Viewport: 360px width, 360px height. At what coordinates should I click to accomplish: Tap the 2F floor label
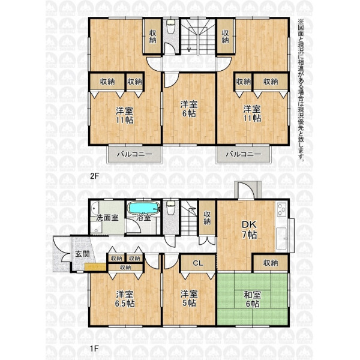(94, 176)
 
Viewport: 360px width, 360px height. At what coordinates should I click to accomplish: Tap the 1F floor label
(94, 349)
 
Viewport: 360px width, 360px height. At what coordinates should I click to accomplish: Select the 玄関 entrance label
(83, 254)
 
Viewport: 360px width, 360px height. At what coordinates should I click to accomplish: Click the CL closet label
(198, 263)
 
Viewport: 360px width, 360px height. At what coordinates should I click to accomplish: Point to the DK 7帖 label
(249, 230)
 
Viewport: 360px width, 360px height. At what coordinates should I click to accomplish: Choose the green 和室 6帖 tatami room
(253, 299)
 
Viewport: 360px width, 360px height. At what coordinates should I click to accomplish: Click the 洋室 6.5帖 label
(125, 299)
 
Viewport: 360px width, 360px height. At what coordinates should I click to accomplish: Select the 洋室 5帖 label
(189, 298)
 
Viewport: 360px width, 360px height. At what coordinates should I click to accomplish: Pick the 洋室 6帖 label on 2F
(189, 109)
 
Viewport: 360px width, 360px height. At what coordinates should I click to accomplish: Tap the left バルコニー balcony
(134, 154)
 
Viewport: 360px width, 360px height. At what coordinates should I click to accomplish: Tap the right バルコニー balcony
(244, 154)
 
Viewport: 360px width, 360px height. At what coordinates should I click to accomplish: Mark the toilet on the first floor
(170, 208)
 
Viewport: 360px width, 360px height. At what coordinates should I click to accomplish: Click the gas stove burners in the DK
(281, 209)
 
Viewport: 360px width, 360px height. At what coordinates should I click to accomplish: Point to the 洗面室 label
(107, 218)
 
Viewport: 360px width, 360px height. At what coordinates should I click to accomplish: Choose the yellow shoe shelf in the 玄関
(95, 267)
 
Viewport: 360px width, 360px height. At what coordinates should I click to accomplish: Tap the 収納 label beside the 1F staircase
(207, 218)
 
